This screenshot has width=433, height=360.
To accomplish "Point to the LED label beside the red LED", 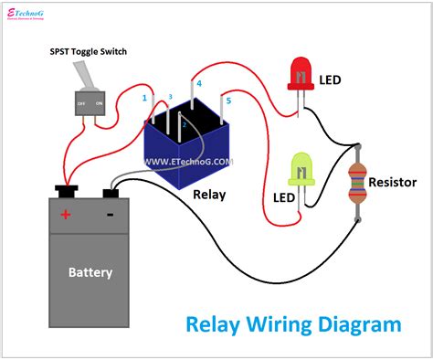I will click(x=330, y=80).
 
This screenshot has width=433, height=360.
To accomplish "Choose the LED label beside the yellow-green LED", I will click(x=284, y=197).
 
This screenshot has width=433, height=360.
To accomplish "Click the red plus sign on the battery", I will click(x=65, y=215).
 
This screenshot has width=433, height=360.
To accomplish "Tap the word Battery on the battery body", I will click(x=90, y=272).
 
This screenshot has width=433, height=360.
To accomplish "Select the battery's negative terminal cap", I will click(x=112, y=193).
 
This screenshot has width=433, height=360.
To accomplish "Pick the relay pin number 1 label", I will click(x=144, y=97).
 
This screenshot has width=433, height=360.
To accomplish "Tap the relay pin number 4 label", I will click(x=198, y=83).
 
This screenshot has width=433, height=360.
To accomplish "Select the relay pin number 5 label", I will click(x=228, y=100).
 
